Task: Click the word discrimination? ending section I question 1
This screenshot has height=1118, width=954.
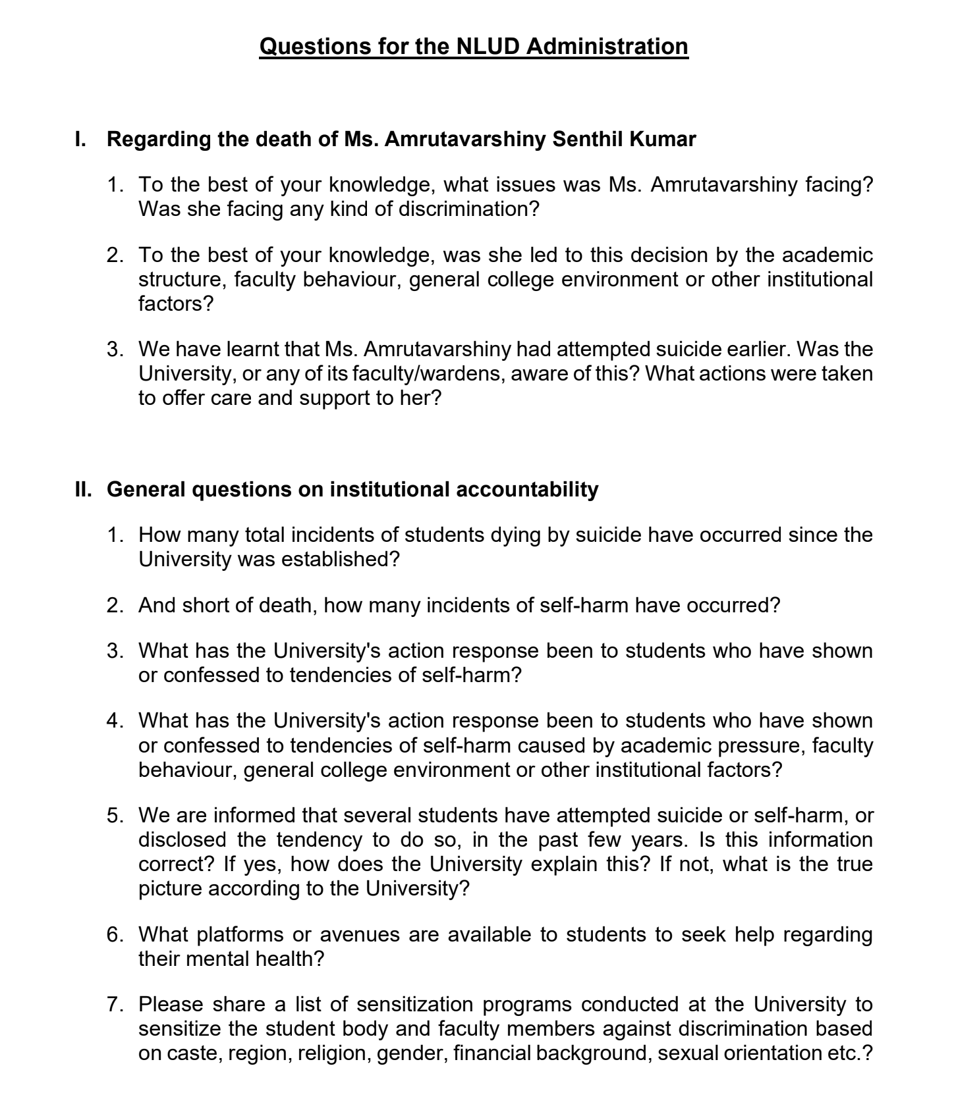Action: tap(468, 209)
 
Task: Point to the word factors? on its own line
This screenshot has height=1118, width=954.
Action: tap(176, 304)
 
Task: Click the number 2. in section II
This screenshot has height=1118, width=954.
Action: tap(115, 605)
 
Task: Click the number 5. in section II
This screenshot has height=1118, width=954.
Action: tap(115, 815)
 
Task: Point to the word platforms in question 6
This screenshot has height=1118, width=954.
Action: tap(240, 934)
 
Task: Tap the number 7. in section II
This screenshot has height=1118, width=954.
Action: tap(115, 1004)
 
